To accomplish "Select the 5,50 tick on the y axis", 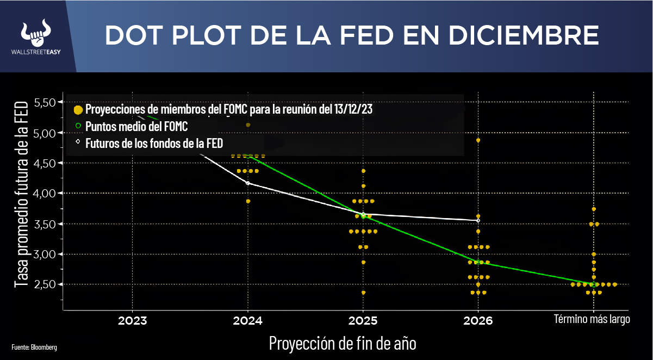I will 45,102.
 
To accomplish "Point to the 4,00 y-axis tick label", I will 45,193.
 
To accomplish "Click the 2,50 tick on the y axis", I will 45,284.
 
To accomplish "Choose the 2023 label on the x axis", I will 132,321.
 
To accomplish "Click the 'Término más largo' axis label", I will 592,319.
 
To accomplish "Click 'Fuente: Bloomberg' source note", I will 34,346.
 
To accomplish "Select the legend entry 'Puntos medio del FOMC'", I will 136,127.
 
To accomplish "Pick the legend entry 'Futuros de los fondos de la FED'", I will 154,142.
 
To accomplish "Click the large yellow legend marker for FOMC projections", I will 78,109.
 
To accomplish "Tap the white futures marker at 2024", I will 248,183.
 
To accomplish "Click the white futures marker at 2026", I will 478,220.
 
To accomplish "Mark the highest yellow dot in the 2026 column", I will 478,140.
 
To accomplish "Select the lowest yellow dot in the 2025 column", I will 363,293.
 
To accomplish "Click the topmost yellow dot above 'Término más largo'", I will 594,209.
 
